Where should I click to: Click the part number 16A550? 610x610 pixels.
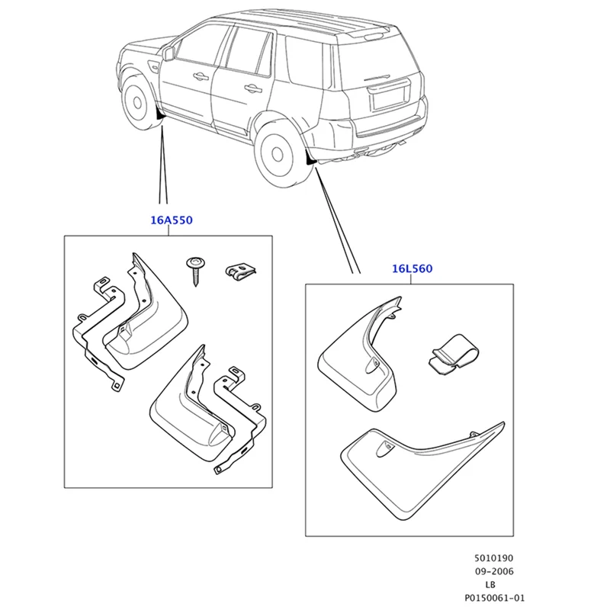[x=172, y=220]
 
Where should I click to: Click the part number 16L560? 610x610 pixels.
[x=412, y=269]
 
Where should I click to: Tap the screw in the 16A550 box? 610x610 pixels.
[x=195, y=271]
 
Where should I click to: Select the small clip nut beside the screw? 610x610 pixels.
[x=241, y=271]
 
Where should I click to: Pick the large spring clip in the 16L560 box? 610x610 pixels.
[x=454, y=355]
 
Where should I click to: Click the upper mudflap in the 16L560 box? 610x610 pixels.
[x=360, y=356]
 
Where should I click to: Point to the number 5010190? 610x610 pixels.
[x=493, y=558]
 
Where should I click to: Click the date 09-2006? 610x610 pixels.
[x=494, y=571]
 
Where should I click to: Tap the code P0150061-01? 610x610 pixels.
[x=494, y=598]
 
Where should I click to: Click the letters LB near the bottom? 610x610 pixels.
[x=490, y=584]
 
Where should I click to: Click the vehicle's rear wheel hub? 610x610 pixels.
[x=277, y=154]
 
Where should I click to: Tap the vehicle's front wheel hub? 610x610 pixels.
[x=137, y=102]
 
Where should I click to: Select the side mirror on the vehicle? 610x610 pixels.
[x=169, y=53]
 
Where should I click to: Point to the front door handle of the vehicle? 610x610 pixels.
[x=201, y=76]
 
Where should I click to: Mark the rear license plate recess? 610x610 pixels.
[x=389, y=95]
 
